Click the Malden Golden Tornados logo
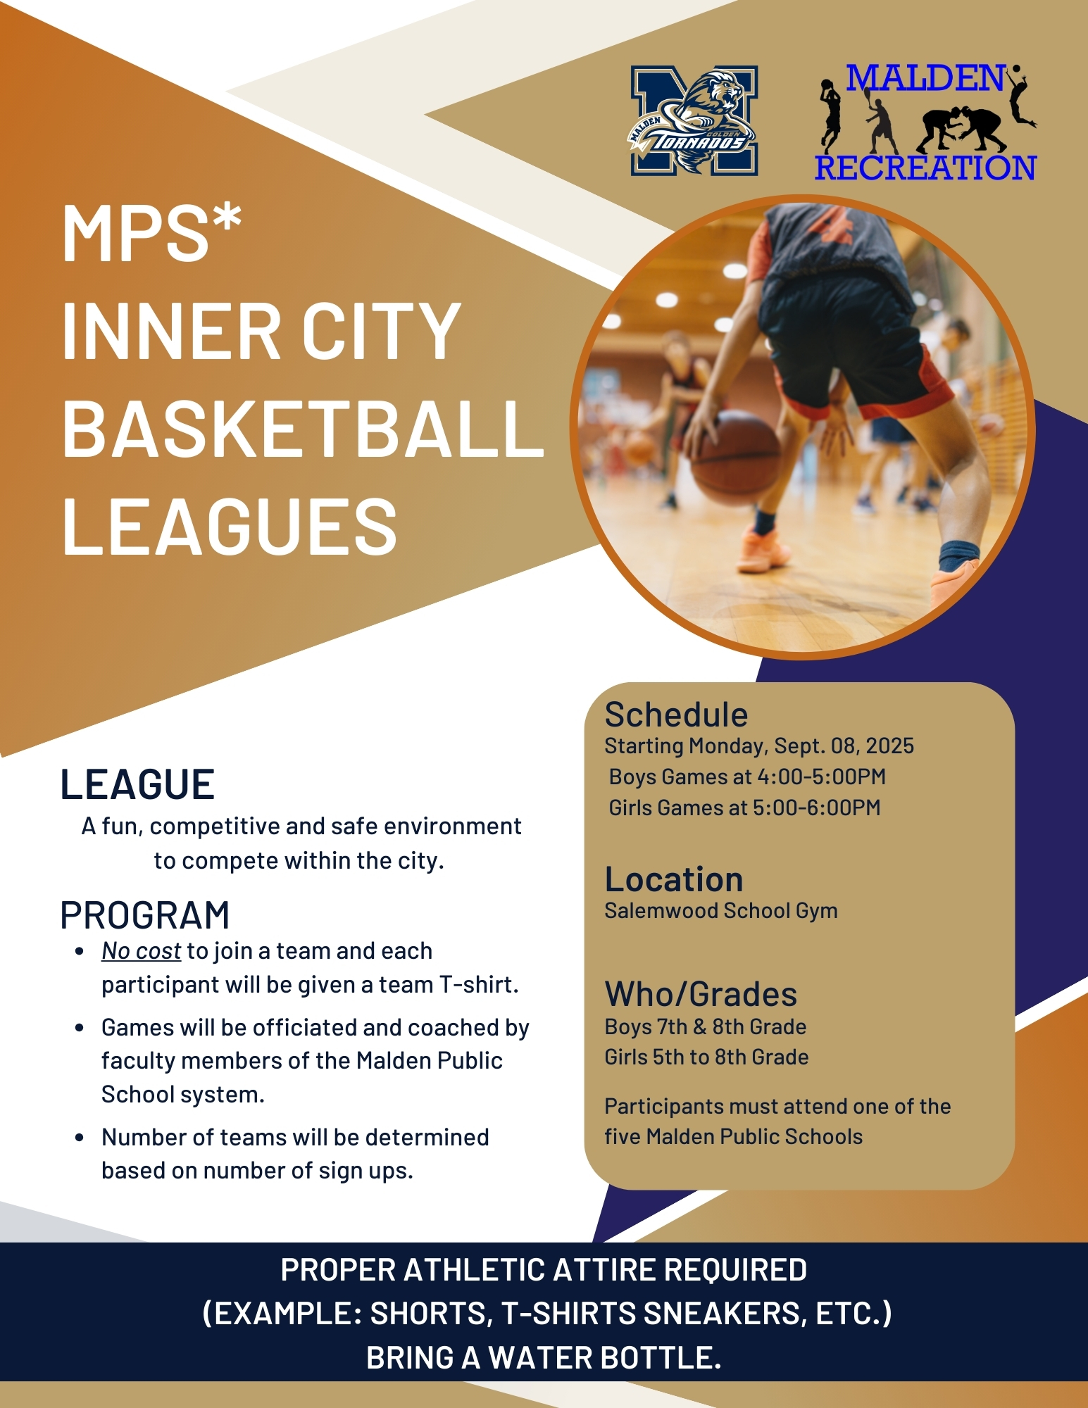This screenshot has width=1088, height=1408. [694, 120]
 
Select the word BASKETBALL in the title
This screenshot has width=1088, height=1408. [303, 429]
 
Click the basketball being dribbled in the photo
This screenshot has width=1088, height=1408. [734, 457]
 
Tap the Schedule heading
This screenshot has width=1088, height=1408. [676, 715]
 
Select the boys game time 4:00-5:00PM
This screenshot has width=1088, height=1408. [821, 777]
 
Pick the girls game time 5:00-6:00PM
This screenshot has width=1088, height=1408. [817, 807]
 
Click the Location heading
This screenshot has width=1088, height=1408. [674, 879]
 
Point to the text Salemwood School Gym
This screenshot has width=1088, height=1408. [721, 911]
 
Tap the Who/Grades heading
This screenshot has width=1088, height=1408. [701, 995]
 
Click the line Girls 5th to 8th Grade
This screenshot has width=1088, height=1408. [706, 1057]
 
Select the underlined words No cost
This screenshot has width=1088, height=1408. [141, 951]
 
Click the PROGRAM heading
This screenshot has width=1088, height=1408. [145, 915]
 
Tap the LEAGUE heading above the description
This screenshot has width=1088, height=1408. [137, 784]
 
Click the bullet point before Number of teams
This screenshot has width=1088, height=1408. [80, 1138]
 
